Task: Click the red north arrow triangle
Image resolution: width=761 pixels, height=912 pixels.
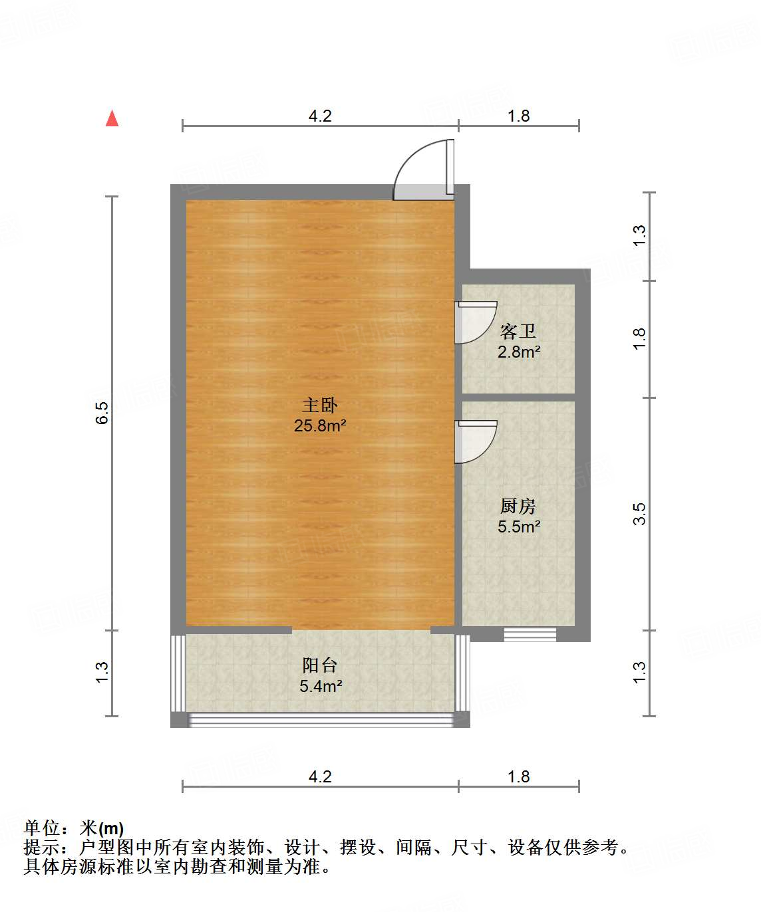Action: point(112,118)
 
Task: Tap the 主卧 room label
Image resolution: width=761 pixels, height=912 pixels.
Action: point(320,405)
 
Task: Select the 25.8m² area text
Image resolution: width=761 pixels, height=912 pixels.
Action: point(320,425)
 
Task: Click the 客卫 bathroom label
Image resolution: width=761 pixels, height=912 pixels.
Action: point(518,330)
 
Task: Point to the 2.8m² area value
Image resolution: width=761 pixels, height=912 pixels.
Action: point(519,352)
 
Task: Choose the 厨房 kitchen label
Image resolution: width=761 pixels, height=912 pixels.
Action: point(518,506)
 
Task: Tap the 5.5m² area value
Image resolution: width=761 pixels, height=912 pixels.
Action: point(519,527)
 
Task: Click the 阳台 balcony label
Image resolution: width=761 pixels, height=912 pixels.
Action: point(320,665)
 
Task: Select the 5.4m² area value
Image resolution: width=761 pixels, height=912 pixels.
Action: point(321,686)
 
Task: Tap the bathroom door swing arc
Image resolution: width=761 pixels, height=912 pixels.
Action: point(475,322)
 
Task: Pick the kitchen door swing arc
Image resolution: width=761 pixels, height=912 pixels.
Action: point(475,441)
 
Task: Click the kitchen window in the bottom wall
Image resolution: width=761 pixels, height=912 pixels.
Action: point(530,634)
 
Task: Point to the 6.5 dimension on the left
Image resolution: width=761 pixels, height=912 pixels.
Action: point(102,413)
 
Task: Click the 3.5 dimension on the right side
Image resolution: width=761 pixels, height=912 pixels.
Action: point(639,514)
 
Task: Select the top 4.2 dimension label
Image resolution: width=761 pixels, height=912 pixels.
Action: point(320,116)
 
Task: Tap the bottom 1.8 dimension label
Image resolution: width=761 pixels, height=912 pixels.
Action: point(519,776)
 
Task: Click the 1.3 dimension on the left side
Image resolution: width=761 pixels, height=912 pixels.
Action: point(102,672)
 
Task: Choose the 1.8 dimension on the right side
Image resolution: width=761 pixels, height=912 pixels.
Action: point(639,339)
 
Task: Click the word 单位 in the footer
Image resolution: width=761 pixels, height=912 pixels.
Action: point(42,828)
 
